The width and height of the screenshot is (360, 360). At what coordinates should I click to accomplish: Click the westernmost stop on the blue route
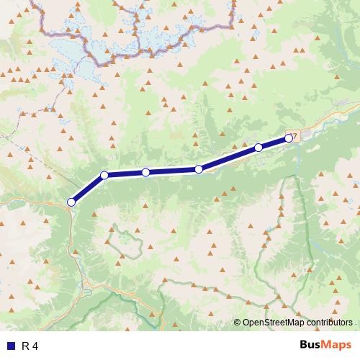[x=71, y=202]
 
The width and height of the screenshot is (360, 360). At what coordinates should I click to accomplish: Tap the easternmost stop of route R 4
[x=289, y=138]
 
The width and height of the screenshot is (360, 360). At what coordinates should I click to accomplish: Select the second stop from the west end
[x=104, y=175]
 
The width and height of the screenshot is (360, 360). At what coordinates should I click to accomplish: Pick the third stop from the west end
[x=145, y=172]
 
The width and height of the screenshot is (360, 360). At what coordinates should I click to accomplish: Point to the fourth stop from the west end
[x=199, y=169]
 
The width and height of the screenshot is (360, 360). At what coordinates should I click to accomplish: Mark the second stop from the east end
[x=258, y=148]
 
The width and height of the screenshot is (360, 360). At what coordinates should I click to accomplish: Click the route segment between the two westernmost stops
[x=88, y=189]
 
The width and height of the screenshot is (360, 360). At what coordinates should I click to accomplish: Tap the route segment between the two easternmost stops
[x=274, y=143]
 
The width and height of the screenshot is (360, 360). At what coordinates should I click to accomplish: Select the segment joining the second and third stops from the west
[x=125, y=174]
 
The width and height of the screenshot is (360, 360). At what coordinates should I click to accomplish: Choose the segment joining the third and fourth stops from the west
[x=172, y=171]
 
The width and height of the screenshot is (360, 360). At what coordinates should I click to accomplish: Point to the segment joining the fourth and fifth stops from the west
[x=229, y=158]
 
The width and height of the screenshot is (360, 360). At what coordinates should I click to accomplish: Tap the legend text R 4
[x=30, y=346]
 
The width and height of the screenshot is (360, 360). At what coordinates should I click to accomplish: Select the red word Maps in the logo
[x=333, y=346]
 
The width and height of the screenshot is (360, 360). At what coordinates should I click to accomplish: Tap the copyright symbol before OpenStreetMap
[x=238, y=323]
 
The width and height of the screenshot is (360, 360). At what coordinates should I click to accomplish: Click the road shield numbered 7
[x=293, y=134]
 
